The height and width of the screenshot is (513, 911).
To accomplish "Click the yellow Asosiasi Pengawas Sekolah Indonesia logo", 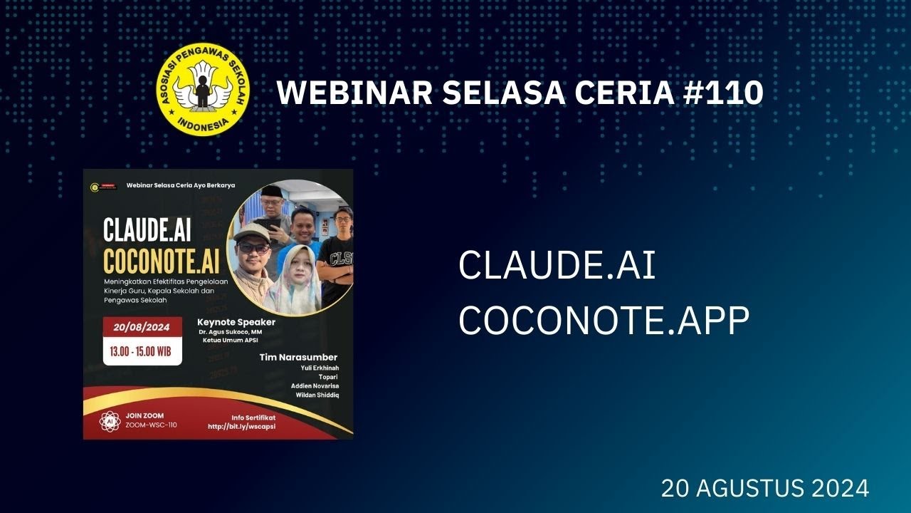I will pos(203,89).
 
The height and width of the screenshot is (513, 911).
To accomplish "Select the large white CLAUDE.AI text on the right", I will pos(557,266).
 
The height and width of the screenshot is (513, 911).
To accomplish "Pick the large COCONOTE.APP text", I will pos(604,322).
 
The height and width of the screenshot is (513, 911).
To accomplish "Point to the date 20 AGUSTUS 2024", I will pos(764,489).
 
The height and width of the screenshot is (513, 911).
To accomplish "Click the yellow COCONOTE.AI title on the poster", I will pos(162,261).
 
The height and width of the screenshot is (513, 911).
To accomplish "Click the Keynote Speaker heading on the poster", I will pos(236,322).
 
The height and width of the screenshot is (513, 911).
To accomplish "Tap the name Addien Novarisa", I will pos(315,385).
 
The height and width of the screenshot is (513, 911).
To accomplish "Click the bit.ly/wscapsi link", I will pos(241,426).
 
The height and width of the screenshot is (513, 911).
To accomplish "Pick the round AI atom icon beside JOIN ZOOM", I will pos(110,420).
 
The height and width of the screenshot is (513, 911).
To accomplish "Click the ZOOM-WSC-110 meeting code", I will pos(151,425).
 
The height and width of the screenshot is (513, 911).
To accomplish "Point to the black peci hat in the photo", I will pos(272,191).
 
